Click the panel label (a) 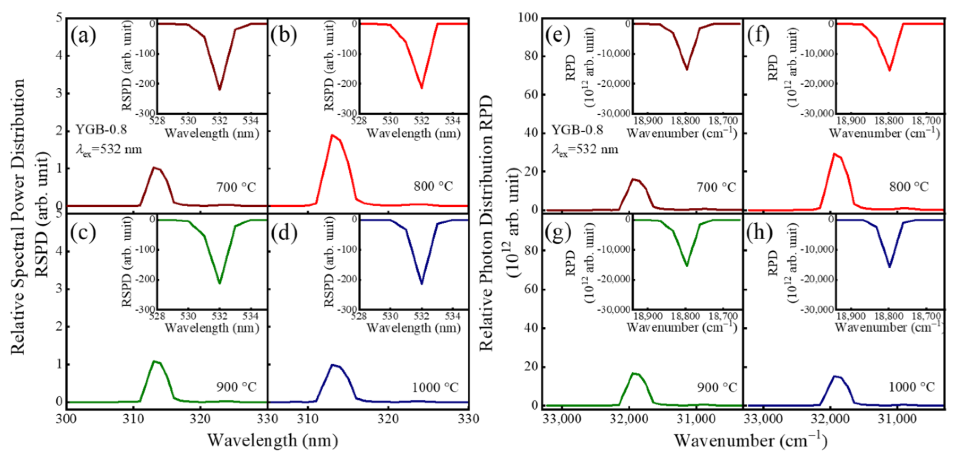pos(83,36)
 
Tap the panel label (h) pos(759,232)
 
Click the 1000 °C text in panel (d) pos(435,387)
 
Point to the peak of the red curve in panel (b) pos(332,135)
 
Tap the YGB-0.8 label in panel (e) pos(577,130)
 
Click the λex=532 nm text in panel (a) pos(109,150)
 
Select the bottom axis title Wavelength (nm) pos(272,440)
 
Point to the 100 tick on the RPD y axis pos(529,18)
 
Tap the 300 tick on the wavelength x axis pos(67,419)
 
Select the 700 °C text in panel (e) pos(717,187)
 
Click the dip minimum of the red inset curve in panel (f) pos(889,70)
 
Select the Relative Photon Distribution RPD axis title pos(486,222)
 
